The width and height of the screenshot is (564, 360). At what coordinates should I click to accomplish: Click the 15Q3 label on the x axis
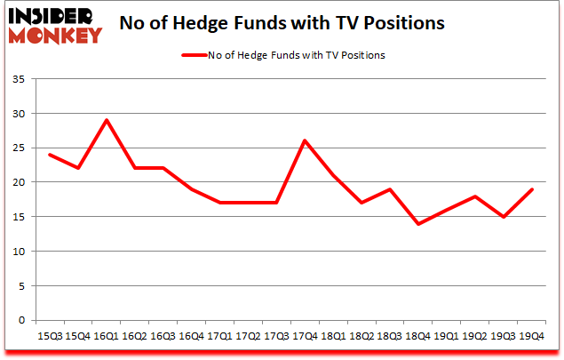51,337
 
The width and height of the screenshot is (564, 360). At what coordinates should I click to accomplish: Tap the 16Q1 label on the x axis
107,337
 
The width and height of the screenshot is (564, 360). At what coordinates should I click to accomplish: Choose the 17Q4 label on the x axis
305,337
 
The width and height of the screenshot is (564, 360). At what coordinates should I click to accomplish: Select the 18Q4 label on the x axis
417,337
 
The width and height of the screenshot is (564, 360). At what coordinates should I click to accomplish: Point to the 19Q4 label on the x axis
531,337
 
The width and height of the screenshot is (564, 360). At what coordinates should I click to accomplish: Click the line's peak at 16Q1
107,120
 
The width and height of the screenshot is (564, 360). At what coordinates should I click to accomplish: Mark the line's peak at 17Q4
305,140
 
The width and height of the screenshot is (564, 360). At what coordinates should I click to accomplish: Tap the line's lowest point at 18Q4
417,223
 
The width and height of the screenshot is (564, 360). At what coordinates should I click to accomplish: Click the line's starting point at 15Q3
51,155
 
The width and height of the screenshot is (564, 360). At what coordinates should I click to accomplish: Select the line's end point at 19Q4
531,189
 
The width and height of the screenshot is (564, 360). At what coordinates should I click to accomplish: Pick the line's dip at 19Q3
503,217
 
